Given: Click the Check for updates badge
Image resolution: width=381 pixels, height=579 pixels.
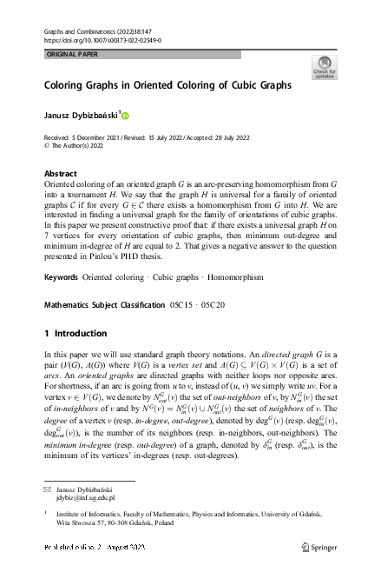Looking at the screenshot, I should click(x=323, y=67).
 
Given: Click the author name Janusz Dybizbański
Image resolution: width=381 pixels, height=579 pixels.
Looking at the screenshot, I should click(x=81, y=115).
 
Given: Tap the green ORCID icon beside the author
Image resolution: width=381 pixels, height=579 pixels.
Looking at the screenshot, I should click(x=124, y=115).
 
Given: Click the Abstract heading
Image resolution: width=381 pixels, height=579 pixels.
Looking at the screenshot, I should click(x=60, y=173).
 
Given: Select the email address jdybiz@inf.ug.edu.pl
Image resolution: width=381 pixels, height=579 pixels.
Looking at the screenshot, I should click(x=85, y=500).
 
